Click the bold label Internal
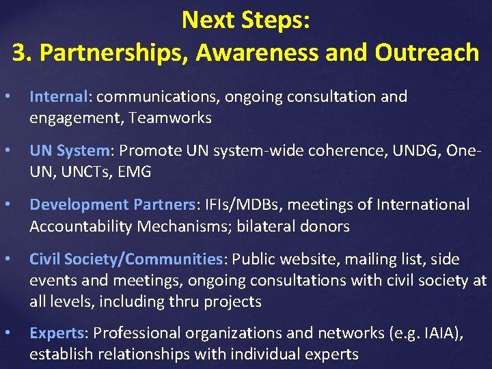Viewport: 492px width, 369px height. click(x=59, y=96)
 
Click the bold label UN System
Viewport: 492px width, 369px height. click(x=69, y=150)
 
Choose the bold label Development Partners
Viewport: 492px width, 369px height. click(x=113, y=204)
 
